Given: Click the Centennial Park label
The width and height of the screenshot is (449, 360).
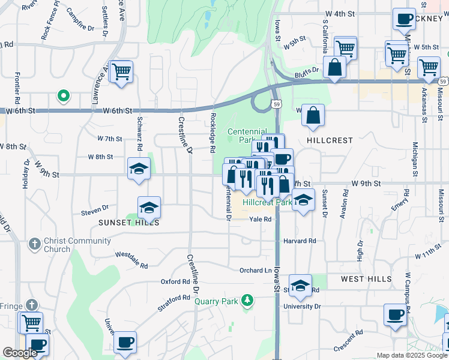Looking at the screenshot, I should [x=243, y=136].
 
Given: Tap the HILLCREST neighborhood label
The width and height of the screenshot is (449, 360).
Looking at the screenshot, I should [x=330, y=140].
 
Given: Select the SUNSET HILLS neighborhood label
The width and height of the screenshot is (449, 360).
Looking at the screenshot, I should [x=129, y=222].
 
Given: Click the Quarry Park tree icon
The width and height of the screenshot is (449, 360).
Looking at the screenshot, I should [x=246, y=299].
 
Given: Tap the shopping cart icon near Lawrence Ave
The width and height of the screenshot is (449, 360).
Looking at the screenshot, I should [x=121, y=71].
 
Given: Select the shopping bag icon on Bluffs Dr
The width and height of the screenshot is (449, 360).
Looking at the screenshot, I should [x=334, y=67].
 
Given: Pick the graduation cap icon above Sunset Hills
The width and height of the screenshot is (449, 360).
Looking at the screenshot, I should [x=149, y=208].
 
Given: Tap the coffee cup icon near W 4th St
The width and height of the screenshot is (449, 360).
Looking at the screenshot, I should [x=404, y=18].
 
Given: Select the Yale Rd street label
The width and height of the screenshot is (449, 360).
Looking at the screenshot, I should [x=261, y=220].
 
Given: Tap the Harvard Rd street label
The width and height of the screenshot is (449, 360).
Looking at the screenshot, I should [x=299, y=241].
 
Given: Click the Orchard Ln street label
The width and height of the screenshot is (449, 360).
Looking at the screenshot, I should [x=256, y=270].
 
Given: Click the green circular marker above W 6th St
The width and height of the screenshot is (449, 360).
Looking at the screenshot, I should [x=62, y=95].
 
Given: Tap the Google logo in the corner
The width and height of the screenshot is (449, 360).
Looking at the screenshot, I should [x=20, y=353].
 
